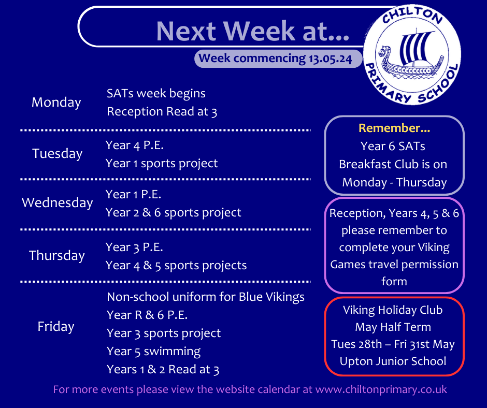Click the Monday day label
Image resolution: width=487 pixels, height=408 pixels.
56,103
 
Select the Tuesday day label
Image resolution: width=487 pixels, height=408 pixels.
57,154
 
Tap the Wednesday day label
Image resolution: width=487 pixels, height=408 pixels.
57,203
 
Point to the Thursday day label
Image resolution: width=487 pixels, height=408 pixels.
57,256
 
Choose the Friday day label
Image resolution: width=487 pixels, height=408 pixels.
56,327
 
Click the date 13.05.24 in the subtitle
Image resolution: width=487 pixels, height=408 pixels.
330,59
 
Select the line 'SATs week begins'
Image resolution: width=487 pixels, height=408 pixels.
156,94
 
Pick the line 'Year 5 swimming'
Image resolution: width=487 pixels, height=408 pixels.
153,351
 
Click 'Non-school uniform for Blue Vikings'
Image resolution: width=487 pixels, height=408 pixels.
205,297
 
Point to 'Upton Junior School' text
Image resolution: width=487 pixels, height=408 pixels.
393,361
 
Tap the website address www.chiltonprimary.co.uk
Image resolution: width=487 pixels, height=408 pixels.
381,389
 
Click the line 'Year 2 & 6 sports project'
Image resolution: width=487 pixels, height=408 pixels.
174,213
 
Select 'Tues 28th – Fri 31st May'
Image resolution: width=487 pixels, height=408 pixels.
393,344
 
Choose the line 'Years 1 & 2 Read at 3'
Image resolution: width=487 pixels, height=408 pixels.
163,370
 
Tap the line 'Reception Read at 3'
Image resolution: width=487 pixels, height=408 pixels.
162,112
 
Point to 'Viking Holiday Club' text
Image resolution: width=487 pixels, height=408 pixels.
393,310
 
